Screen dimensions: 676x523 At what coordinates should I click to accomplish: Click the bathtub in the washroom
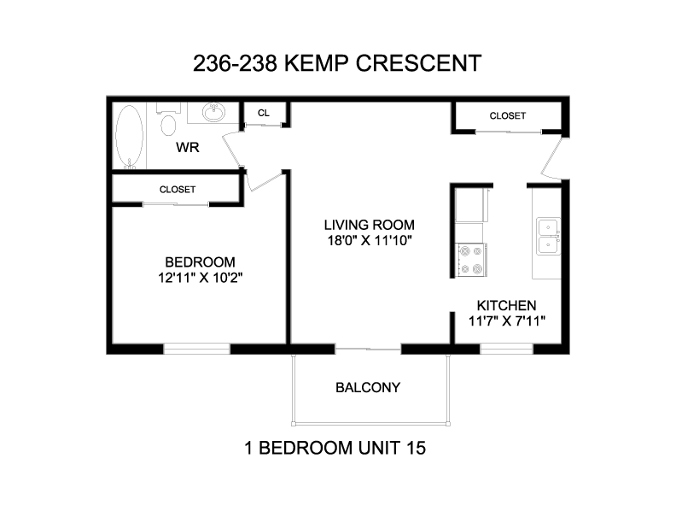point(130,137)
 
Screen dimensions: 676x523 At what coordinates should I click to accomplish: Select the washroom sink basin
point(213,112)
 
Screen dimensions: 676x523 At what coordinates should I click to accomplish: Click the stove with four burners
point(471,260)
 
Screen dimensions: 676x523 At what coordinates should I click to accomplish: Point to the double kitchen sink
point(548,236)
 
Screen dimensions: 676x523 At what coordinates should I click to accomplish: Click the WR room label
point(188,148)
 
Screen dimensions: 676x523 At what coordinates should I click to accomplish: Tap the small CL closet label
point(264,113)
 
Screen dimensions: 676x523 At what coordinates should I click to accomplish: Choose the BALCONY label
point(368,387)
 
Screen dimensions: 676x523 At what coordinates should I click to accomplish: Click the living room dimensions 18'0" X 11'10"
point(370,240)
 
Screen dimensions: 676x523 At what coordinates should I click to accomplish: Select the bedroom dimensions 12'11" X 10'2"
point(200,278)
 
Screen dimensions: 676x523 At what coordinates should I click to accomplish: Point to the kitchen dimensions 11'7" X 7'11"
point(506,321)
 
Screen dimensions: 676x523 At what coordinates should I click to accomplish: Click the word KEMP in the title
point(316,63)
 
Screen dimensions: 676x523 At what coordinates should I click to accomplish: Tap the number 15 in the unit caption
point(416,448)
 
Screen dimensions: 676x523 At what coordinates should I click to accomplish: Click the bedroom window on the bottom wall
point(196,350)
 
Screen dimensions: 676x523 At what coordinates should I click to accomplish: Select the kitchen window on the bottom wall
point(506,350)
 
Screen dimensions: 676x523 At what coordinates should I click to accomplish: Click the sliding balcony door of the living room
point(368,349)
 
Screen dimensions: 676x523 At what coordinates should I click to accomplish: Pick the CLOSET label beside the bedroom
point(178,190)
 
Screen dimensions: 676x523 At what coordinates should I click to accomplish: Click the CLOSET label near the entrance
point(508,115)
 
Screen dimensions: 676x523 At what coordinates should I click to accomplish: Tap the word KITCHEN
point(506,306)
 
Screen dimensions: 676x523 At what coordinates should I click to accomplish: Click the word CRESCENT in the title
point(418,63)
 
